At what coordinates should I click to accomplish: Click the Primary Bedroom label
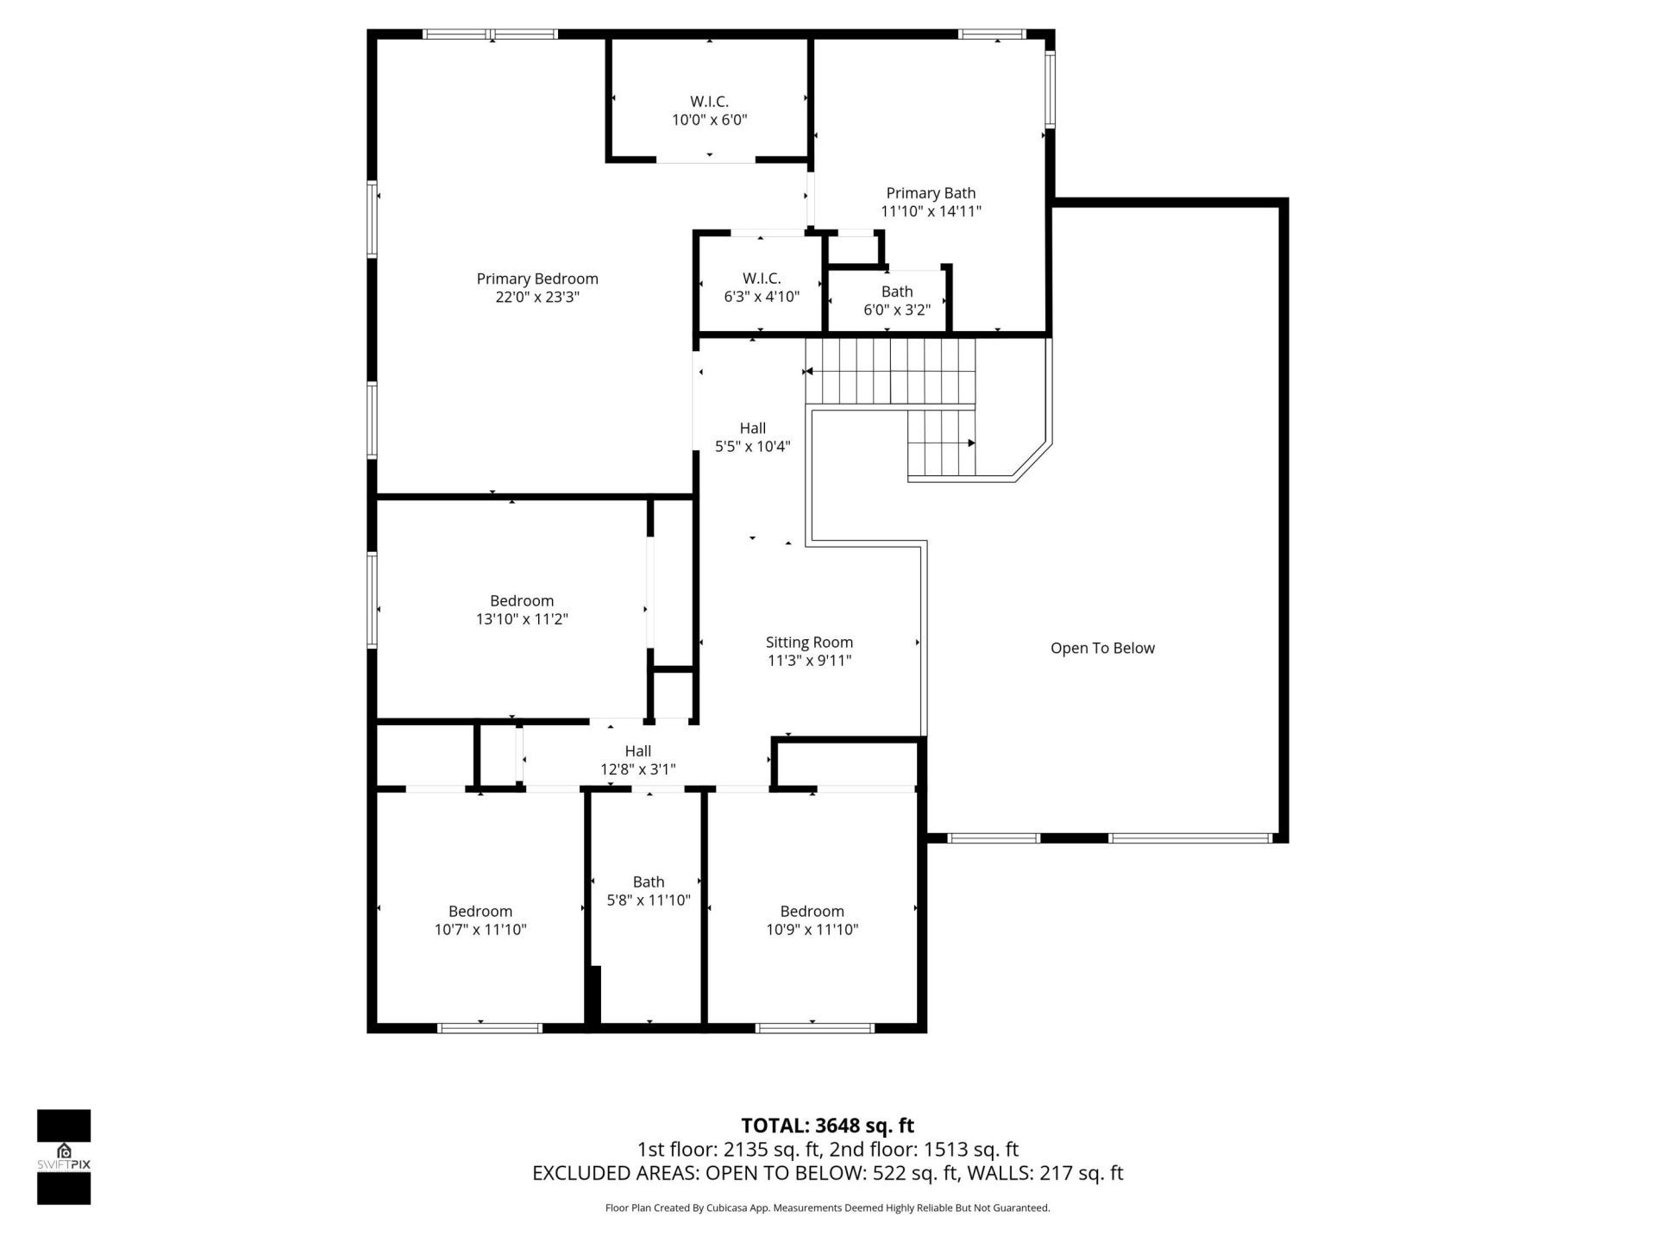[x=536, y=279]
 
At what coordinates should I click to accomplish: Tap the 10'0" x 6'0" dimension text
[x=709, y=120]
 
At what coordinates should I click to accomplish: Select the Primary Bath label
[x=931, y=193]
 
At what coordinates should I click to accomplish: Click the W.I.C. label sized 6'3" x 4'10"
[x=762, y=287]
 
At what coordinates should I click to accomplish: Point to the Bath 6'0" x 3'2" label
[x=897, y=300]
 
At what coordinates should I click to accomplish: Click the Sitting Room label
[x=809, y=643]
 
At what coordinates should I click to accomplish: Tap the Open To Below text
[x=1102, y=648]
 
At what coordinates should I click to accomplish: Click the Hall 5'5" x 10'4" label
[x=752, y=436]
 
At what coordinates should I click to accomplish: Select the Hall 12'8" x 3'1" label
[x=637, y=760]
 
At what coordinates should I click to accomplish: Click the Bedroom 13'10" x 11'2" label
[x=522, y=609]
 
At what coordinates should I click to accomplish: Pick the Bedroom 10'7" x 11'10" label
[x=480, y=919]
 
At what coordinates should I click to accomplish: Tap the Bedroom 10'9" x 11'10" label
[x=812, y=919]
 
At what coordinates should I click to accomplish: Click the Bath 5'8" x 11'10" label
[x=649, y=890]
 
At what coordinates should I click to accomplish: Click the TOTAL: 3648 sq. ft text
[x=827, y=1126]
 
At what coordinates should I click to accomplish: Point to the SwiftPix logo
[x=64, y=1156]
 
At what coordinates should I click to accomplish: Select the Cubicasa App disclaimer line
[x=827, y=1208]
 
